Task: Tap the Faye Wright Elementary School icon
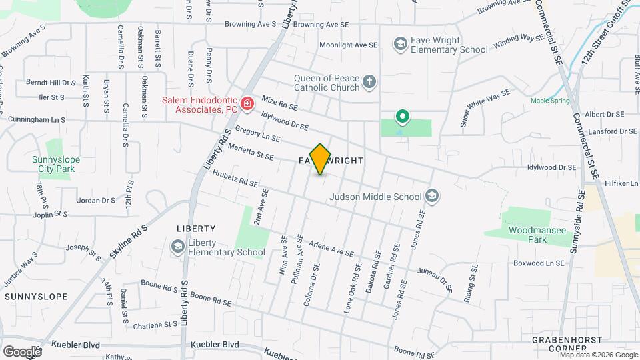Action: [x=401, y=45]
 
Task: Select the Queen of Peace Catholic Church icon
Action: [x=369, y=83]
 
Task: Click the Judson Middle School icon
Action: [x=432, y=196]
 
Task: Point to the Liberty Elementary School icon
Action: [x=177, y=247]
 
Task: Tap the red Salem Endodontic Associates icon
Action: [x=247, y=103]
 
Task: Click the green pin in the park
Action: [x=402, y=117]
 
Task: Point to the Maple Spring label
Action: [x=550, y=101]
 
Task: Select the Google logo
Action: [x=22, y=351]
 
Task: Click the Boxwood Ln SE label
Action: [x=539, y=263]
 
